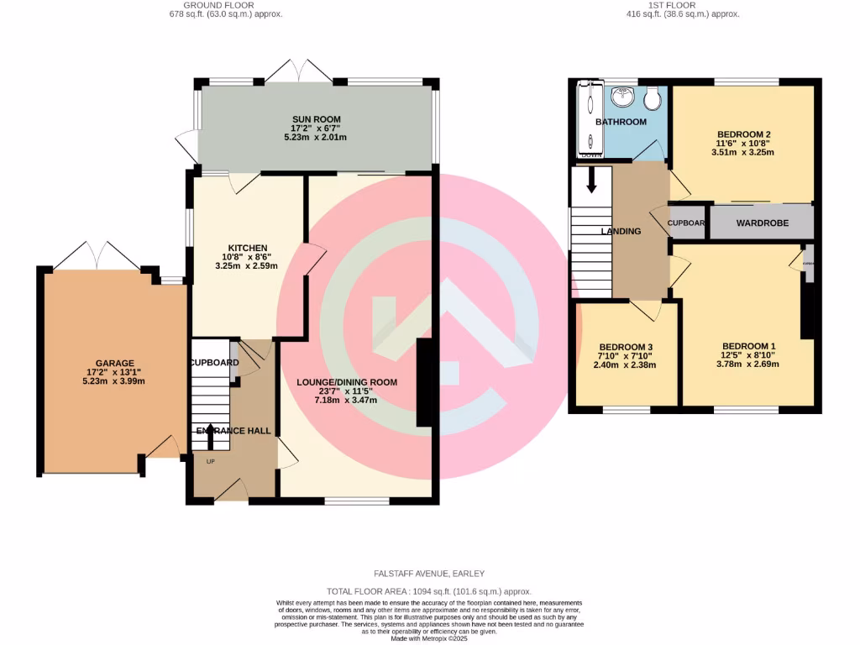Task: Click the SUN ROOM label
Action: click(x=316, y=118)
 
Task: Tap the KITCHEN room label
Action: click(x=244, y=248)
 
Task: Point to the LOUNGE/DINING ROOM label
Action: click(x=346, y=382)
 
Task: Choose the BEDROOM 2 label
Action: click(x=743, y=134)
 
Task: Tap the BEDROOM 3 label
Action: click(x=626, y=347)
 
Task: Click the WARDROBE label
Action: click(x=761, y=223)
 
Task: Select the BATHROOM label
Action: click(x=621, y=122)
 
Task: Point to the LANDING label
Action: click(x=621, y=231)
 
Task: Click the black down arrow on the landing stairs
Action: click(x=590, y=180)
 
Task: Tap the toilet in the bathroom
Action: click(x=652, y=100)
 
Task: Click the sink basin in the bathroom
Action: click(x=623, y=98)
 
